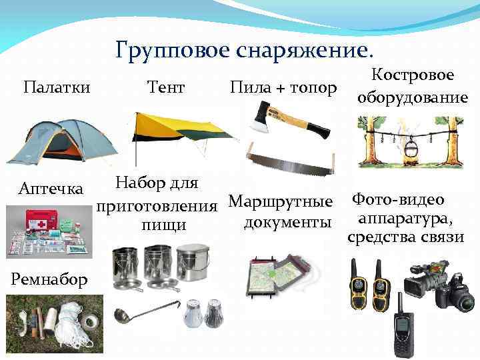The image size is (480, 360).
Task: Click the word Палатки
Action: (x=57, y=87)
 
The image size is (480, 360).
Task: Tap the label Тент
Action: (x=165, y=87)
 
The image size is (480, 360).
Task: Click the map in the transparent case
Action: (x=277, y=273)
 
